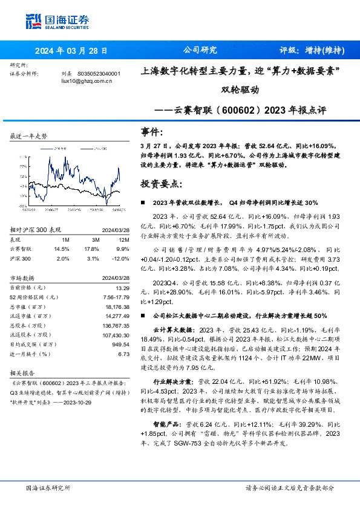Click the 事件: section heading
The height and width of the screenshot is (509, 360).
tap(152, 132)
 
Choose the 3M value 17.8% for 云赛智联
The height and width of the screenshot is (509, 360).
tap(91, 248)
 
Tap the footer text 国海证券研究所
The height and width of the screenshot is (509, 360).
tap(48, 487)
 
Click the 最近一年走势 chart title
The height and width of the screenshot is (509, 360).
tap(29, 137)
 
